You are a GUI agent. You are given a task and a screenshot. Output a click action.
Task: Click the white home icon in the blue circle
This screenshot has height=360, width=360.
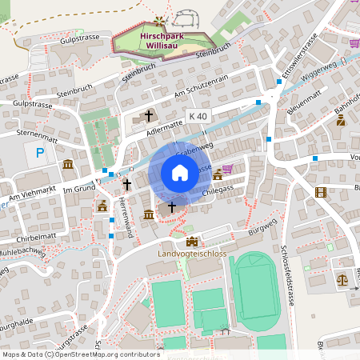click(x=180, y=173)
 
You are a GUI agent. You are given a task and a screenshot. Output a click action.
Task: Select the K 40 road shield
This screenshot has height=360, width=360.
click(x=198, y=116)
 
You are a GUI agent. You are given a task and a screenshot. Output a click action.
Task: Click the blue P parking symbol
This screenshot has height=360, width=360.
click(x=39, y=153)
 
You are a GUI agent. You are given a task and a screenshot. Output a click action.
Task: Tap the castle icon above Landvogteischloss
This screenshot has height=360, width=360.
click(x=191, y=241)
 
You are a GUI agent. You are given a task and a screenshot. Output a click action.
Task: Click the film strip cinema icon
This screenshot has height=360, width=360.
click(x=321, y=192)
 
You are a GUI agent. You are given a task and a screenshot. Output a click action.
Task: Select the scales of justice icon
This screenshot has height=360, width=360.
click(x=342, y=280)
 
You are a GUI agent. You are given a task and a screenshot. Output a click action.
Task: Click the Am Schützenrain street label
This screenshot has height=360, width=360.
click(x=207, y=90)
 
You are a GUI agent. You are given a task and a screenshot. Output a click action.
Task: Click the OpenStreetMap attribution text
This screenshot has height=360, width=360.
click(x=81, y=354)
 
